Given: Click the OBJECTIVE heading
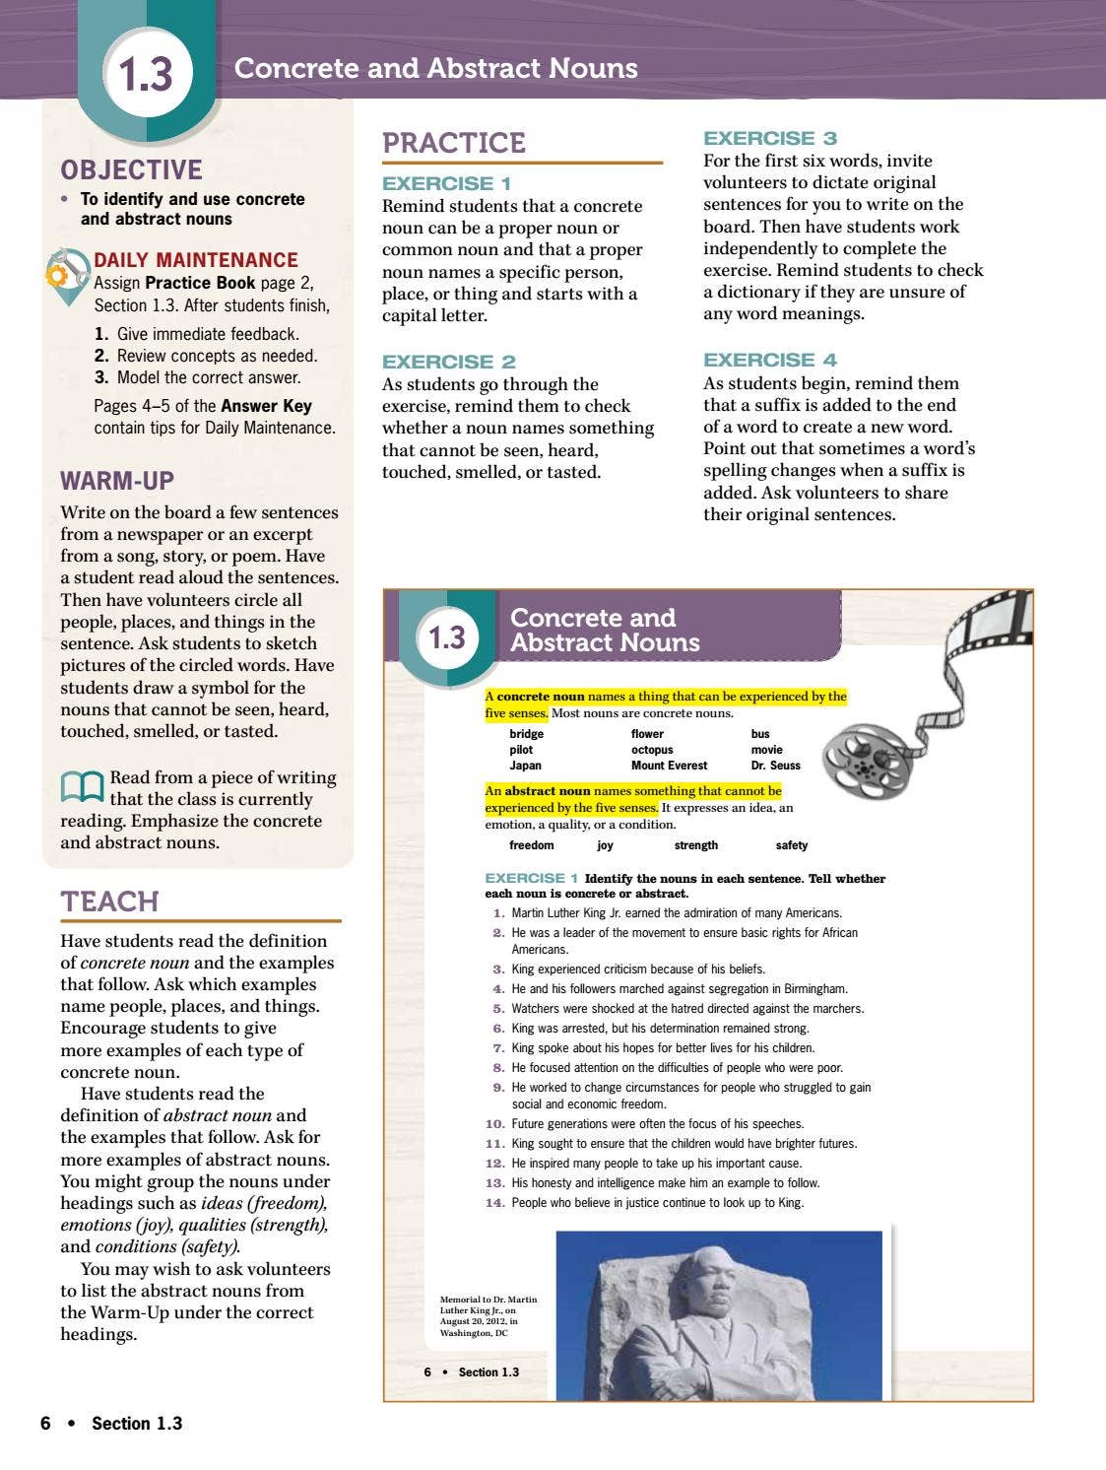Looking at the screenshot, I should tap(131, 169).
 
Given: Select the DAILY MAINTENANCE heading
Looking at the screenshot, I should tap(195, 260).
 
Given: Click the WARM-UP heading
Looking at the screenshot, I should tap(116, 481).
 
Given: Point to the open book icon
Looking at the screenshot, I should tap(82, 786).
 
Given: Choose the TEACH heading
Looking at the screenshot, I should tap(109, 902).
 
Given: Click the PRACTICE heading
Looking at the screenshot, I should tap(453, 143).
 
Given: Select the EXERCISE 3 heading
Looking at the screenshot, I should tap(769, 138).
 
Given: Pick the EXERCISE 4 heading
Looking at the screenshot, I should tap(769, 360).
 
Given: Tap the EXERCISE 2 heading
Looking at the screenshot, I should tap(448, 362).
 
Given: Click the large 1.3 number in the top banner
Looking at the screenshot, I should tap(145, 75).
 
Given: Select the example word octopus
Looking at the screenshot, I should tap(652, 750).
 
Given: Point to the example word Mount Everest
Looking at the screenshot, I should tap(669, 766).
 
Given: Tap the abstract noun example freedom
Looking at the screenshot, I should tap(531, 845).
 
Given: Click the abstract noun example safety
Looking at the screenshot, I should tap(791, 845).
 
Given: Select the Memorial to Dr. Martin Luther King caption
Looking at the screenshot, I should tap(488, 1316).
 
